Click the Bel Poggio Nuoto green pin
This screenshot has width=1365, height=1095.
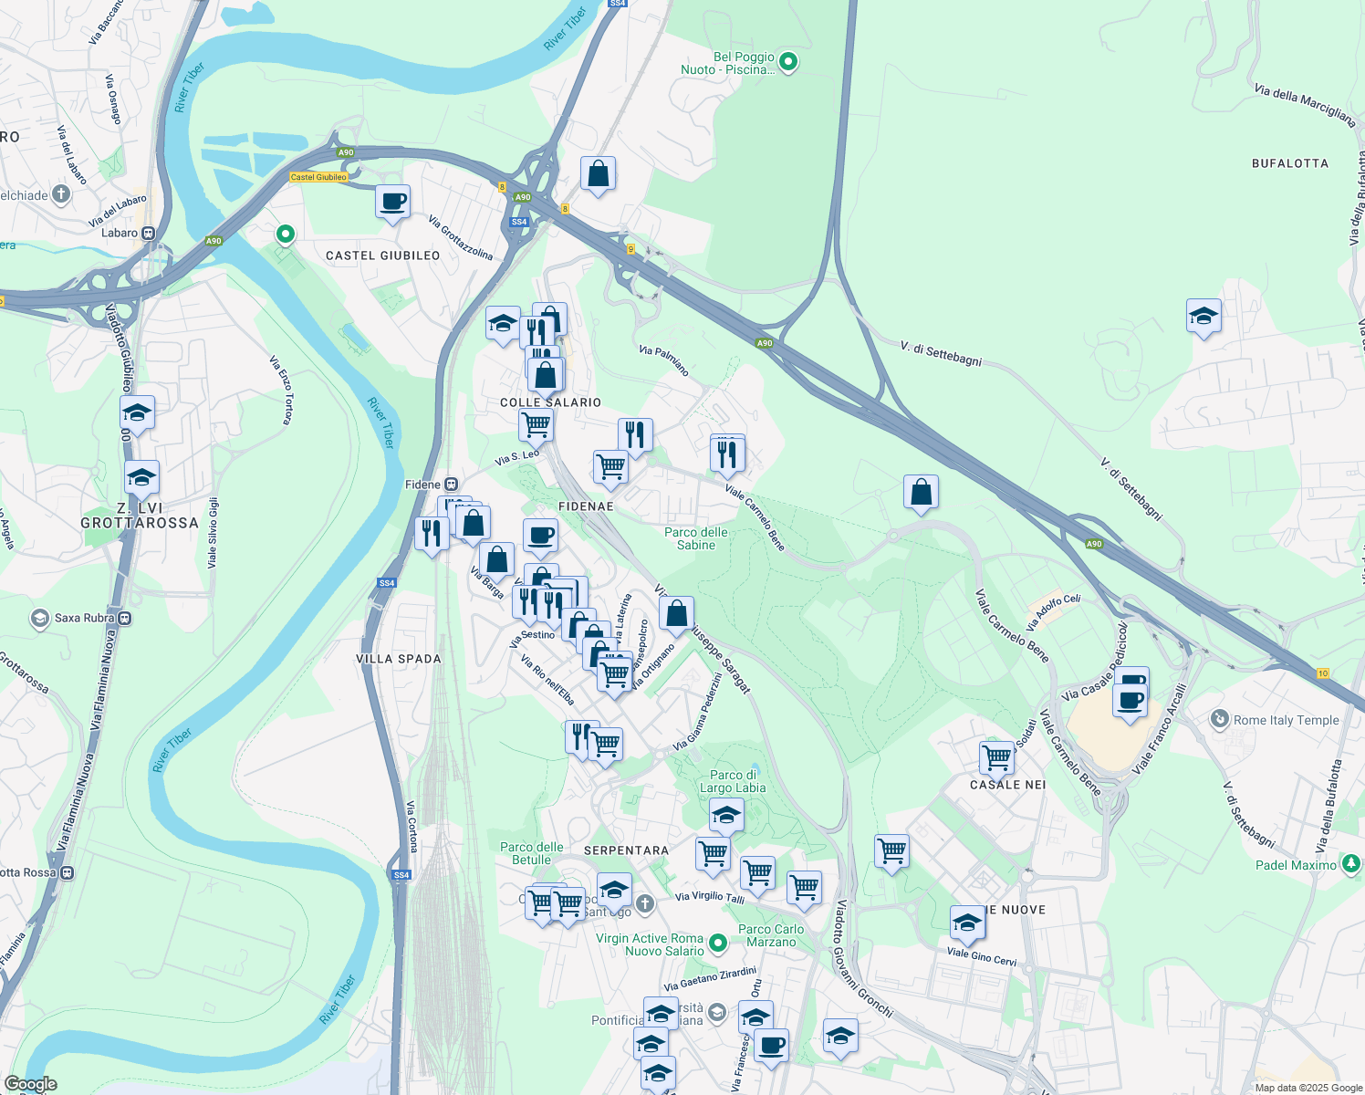[788, 62]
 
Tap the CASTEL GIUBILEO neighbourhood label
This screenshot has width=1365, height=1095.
[383, 255]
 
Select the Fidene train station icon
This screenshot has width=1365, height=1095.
[451, 485]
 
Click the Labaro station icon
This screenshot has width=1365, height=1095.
[148, 233]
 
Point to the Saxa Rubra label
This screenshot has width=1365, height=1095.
[85, 618]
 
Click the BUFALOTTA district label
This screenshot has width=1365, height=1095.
[1289, 163]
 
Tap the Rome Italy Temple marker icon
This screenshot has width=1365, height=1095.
[1219, 719]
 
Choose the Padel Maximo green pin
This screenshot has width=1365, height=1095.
[1350, 864]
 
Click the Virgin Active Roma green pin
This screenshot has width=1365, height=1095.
[718, 942]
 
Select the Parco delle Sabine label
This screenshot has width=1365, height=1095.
[696, 538]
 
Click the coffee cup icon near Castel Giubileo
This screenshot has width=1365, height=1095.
[393, 202]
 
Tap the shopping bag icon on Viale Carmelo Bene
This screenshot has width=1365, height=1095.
[921, 492]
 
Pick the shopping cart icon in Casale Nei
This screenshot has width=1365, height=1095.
[996, 756]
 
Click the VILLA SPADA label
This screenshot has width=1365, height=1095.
[399, 659]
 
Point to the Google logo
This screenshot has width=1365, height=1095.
[30, 1083]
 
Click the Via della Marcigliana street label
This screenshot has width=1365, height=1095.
[1304, 106]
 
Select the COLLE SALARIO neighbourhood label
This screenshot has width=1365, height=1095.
[551, 402]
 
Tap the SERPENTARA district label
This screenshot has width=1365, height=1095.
[626, 850]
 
